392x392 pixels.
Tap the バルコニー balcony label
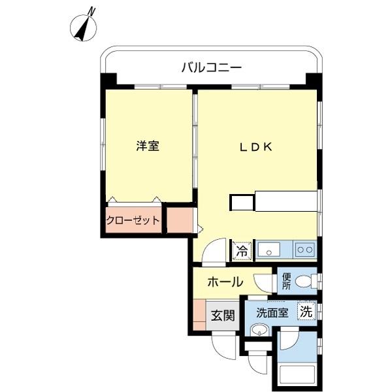pyautogui.click(x=211, y=67)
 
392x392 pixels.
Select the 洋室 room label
pyautogui.click(x=148, y=146)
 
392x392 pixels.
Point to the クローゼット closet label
pyautogui.click(x=133, y=220)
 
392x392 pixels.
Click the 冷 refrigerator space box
pyautogui.click(x=242, y=250)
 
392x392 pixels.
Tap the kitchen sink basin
pyautogui.click(x=269, y=250)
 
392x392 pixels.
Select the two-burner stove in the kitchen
pyautogui.click(x=304, y=250)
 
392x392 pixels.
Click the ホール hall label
pyautogui.click(x=225, y=282)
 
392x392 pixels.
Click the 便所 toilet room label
pyautogui.click(x=286, y=282)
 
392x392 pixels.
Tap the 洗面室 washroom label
pyautogui.click(x=272, y=313)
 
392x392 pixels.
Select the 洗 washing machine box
pyautogui.click(x=306, y=312)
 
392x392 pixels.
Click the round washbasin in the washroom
pyautogui.click(x=260, y=331)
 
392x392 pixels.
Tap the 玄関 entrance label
pyautogui.click(x=222, y=316)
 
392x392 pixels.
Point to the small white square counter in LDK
pyautogui.click(x=242, y=203)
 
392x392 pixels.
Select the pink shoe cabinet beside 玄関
pyautogui.click(x=199, y=316)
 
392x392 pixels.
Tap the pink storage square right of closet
pyautogui.click(x=180, y=220)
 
